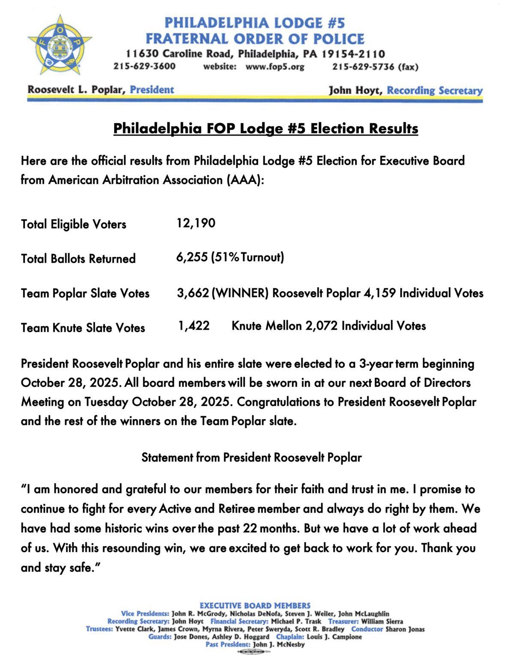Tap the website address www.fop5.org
coord(275,67)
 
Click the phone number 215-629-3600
coord(145,67)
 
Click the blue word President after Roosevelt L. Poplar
coord(152,90)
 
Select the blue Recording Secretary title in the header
coord(434,91)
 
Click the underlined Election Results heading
coord(265,128)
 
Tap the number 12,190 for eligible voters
coord(196,223)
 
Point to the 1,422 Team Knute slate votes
coord(194,326)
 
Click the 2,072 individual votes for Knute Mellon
coord(322,326)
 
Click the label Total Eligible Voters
coord(74,224)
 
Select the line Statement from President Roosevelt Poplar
coord(252,457)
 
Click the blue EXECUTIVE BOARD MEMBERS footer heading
coord(255,605)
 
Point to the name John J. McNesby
coord(279,644)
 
